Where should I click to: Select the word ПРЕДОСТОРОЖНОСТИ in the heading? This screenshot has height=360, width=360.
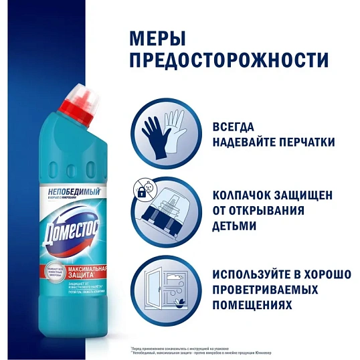[228, 60]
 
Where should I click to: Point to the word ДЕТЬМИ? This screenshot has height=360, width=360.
[234, 226]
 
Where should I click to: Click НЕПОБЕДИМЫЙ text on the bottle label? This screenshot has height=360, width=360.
[70, 191]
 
